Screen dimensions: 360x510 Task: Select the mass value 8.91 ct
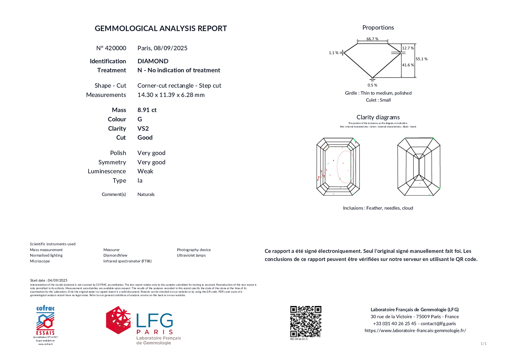tap(147, 110)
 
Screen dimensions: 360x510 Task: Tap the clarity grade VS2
tap(143, 129)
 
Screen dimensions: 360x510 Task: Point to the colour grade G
tap(140, 119)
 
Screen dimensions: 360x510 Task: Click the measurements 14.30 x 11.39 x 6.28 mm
tap(171, 95)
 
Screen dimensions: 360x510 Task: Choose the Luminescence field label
tap(107, 171)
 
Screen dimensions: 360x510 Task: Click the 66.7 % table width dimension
tap(372, 39)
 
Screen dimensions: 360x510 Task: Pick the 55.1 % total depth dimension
tap(421, 59)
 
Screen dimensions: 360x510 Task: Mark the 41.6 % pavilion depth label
tap(408, 65)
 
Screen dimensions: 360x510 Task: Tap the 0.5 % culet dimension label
tap(372, 85)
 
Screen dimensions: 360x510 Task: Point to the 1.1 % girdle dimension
tap(334, 53)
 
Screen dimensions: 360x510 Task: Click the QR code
tap(306, 321)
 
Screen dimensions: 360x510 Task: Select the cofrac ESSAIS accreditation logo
tap(45, 321)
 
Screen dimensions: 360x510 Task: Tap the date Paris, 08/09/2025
tap(162, 48)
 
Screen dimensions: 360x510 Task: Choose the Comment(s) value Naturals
tap(146, 195)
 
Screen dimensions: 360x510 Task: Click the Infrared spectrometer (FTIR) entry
tap(127, 261)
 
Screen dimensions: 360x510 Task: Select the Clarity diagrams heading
tap(378, 117)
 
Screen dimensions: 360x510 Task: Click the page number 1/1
tap(483, 344)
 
